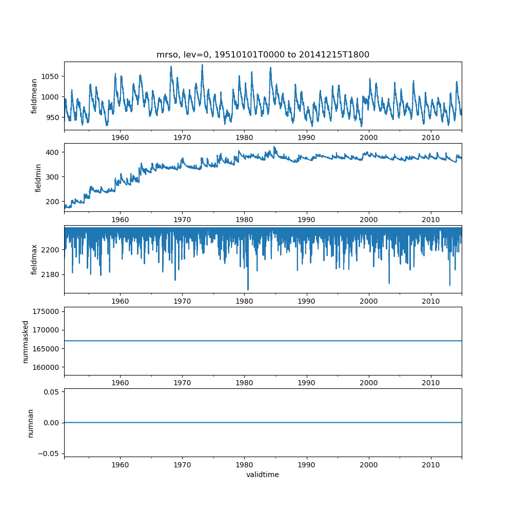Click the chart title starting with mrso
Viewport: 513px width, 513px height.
click(x=263, y=55)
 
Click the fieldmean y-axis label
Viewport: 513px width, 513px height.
click(x=34, y=96)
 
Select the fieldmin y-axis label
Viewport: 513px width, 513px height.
click(x=38, y=177)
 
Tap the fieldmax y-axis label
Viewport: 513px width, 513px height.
click(x=34, y=260)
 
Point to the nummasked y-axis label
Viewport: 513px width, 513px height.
click(x=25, y=341)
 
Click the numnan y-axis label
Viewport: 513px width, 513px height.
click(x=30, y=423)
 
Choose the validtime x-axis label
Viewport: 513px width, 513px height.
click(x=263, y=475)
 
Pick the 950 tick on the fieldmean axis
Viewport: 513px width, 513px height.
click(x=53, y=117)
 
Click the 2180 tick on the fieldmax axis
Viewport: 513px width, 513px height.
click(x=51, y=274)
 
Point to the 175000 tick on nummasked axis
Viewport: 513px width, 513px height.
click(x=48, y=311)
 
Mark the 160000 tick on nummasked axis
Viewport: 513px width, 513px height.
click(x=48, y=367)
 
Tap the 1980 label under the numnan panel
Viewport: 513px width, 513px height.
click(x=244, y=465)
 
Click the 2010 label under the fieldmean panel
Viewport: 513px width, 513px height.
click(x=431, y=138)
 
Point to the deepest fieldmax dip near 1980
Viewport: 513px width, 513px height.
click(x=248, y=289)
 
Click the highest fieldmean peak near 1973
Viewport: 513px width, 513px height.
click(x=202, y=65)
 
